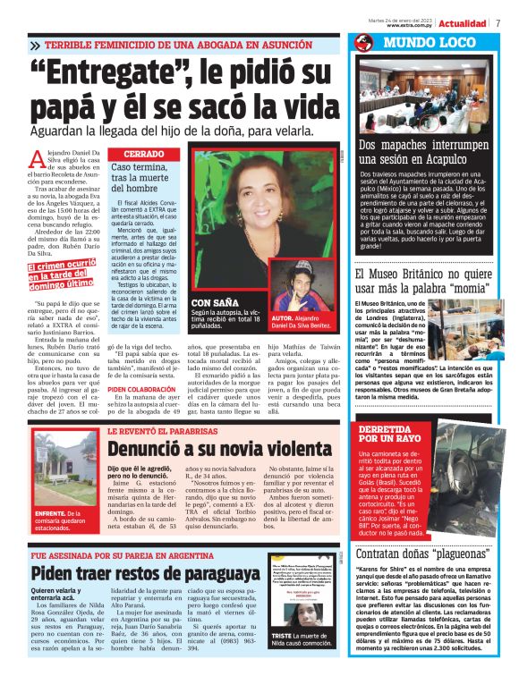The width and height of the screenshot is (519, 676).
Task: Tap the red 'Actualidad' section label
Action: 464,22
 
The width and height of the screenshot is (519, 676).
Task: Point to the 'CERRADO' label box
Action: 142,155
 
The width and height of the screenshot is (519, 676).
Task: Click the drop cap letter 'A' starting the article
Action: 37,161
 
